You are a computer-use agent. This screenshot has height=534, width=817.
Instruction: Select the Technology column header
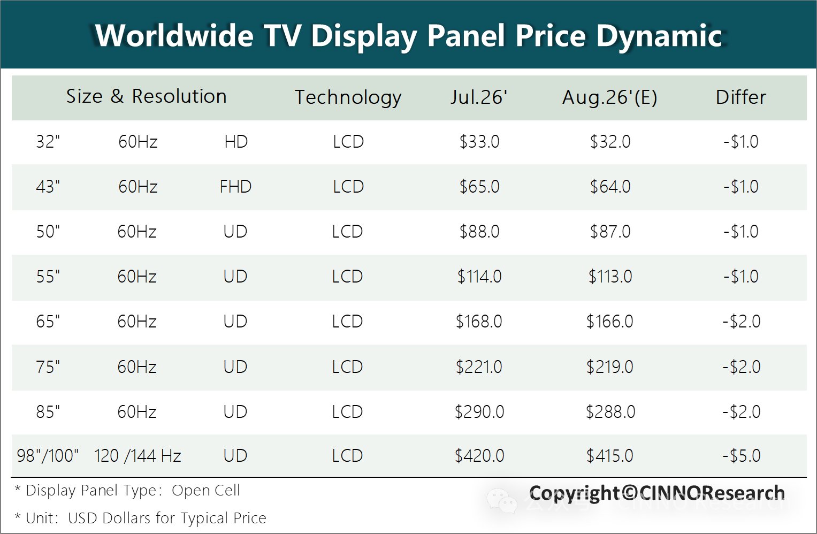point(348,97)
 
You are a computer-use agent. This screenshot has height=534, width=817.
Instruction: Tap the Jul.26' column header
point(478,97)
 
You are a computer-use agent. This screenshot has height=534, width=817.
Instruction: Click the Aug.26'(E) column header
point(609,97)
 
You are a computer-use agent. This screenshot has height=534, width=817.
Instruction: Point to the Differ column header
point(740,97)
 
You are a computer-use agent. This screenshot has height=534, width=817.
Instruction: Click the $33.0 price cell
point(479,141)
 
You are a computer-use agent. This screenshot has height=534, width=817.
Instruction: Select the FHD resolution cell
point(235,186)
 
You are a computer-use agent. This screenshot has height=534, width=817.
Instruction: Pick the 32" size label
point(48,141)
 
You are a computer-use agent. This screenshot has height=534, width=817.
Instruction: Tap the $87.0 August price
point(610,232)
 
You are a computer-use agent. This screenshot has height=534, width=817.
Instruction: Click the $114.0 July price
point(479,277)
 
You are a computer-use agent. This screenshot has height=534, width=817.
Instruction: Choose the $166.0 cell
point(609,322)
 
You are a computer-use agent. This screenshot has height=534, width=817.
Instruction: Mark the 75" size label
point(48,367)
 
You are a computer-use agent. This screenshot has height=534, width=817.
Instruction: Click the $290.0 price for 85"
point(479,412)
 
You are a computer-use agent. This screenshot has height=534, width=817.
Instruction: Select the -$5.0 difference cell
point(741,455)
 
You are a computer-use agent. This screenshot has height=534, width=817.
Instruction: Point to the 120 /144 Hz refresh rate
point(138,455)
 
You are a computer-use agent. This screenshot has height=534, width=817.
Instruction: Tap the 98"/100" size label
point(48,455)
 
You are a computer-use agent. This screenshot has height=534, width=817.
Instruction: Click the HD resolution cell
point(236,141)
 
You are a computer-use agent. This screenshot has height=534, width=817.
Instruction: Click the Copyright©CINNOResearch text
point(657,493)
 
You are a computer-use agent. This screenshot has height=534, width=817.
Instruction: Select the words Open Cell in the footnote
point(205,491)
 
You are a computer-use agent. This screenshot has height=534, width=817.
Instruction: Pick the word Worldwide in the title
point(174,36)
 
